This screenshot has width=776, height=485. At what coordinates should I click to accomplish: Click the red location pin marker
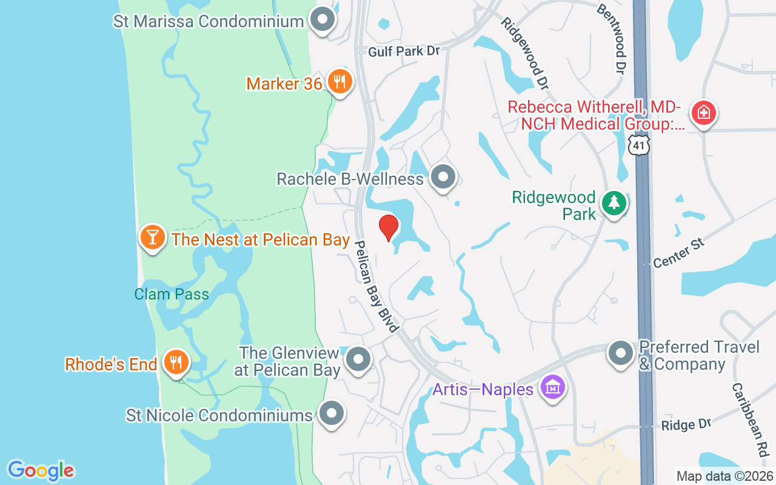(x=389, y=227)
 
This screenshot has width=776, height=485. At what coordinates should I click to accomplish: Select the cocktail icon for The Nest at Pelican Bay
(x=152, y=237)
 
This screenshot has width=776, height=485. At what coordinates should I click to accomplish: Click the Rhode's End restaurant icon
(x=176, y=363)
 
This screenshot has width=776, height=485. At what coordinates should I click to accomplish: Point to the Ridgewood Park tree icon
(x=614, y=202)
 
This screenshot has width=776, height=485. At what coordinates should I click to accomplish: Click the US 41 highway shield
(x=639, y=145)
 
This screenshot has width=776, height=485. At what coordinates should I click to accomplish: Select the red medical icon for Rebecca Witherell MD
(x=704, y=113)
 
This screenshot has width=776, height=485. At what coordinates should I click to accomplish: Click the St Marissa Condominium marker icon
(x=323, y=20)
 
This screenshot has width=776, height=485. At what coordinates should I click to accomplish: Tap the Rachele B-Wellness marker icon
(x=443, y=178)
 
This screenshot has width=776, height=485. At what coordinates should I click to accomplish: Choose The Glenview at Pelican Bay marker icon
(x=358, y=360)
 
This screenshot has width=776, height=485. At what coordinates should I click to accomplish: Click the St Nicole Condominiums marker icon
(x=331, y=414)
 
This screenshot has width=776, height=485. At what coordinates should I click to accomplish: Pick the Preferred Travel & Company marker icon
(x=621, y=354)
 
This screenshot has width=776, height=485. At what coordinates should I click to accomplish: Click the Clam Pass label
(x=172, y=295)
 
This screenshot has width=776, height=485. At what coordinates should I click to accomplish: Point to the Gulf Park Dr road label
(x=404, y=52)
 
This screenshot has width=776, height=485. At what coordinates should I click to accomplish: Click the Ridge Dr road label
(x=685, y=425)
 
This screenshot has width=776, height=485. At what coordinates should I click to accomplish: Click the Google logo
(x=41, y=470)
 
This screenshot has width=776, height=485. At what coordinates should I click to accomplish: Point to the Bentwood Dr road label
(x=612, y=36)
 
